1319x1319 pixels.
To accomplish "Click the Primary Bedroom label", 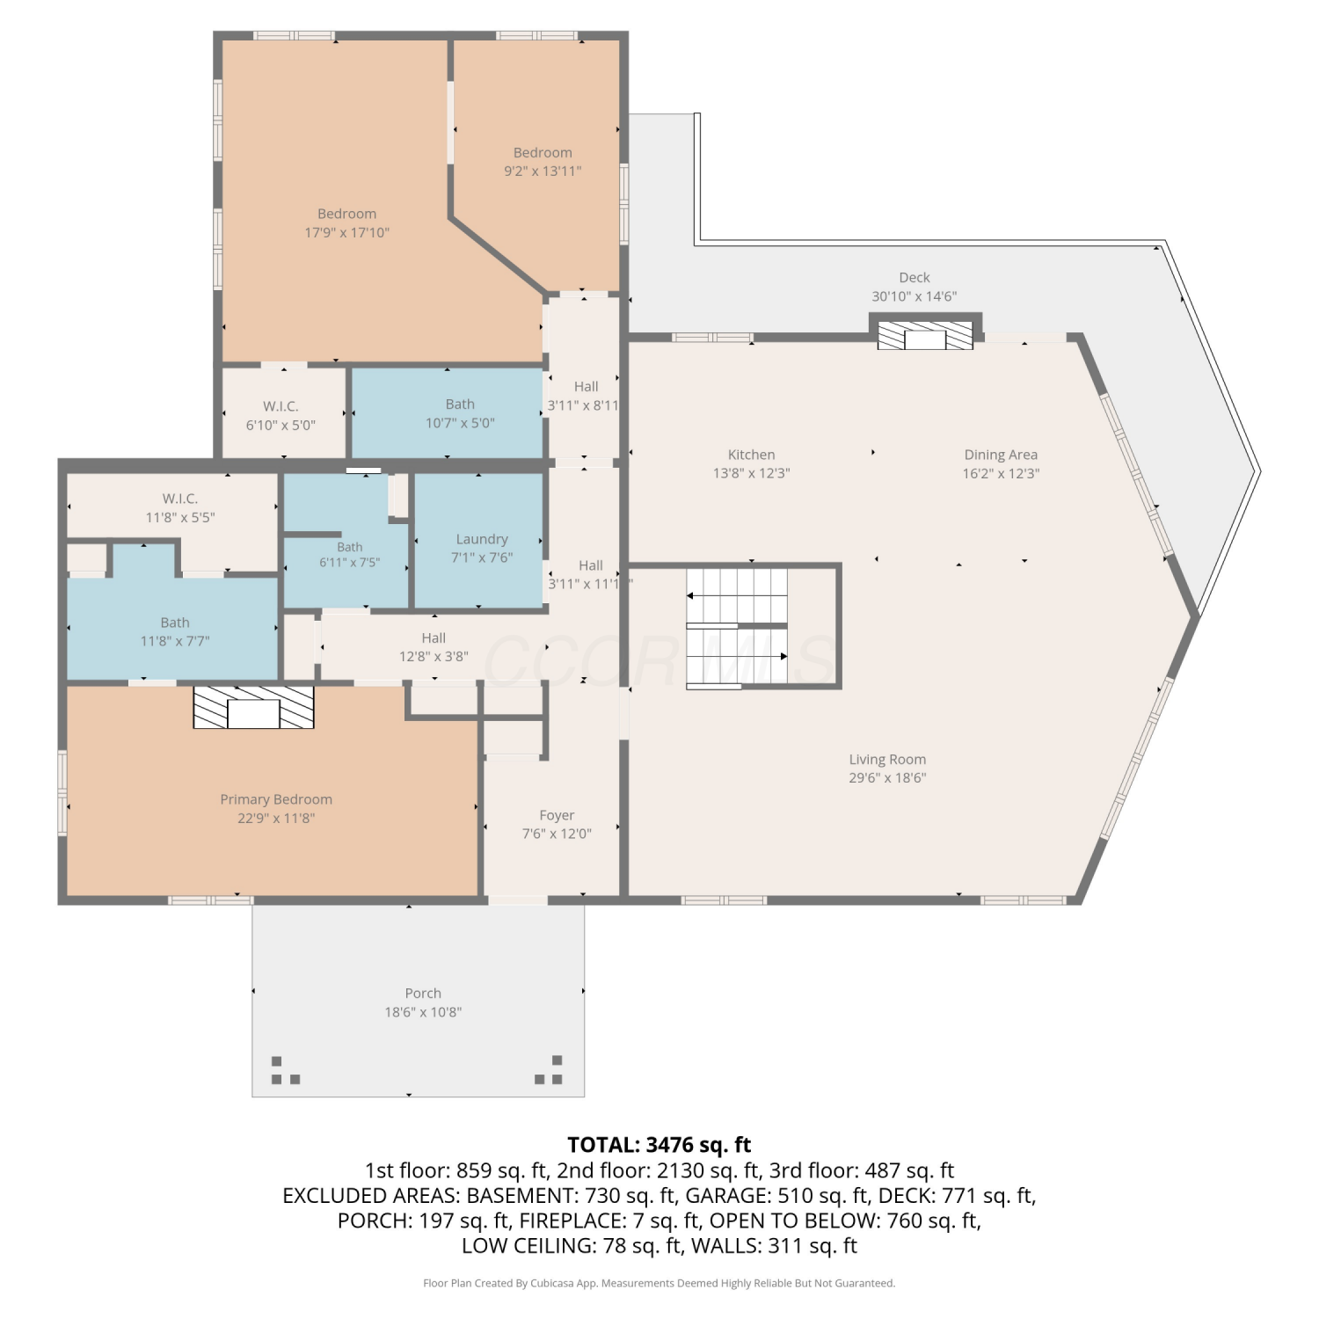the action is point(276,799).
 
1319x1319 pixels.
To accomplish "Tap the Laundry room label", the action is point(482,539).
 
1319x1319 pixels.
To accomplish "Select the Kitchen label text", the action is point(751,455).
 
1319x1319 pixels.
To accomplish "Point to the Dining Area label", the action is point(1001,455).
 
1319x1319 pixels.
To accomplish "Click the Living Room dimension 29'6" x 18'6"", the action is point(887,777).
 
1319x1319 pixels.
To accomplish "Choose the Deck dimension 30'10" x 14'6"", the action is point(914,296).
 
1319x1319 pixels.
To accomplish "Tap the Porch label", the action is point(423,993).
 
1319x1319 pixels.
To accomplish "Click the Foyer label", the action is point(557,815).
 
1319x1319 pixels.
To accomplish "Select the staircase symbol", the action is point(737,626).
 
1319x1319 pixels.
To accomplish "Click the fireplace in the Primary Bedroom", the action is point(253,708).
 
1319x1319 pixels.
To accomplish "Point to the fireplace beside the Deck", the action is point(926,335).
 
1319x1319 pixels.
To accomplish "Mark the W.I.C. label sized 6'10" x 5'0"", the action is point(281,406).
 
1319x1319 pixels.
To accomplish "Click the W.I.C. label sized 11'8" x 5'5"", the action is point(180,499).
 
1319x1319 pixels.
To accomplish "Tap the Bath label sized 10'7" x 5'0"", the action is point(460,404).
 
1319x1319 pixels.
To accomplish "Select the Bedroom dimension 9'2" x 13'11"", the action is point(543,171).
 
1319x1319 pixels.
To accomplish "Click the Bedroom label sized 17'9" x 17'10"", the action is point(346,214).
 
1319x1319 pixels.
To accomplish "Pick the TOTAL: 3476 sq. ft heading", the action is point(659,1145).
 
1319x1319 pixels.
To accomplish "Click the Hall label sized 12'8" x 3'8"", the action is point(434,638).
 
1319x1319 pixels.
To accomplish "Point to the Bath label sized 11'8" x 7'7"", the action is point(175,623).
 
